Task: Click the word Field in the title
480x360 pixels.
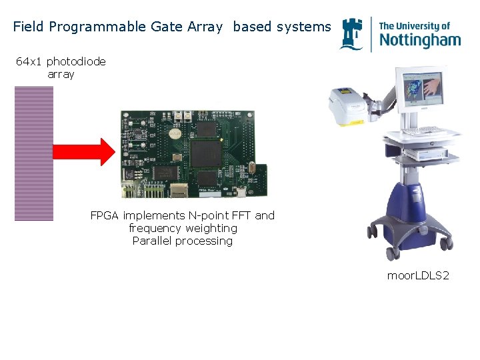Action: coord(28,27)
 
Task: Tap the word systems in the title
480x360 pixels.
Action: coord(303,27)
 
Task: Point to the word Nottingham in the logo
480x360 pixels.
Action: coord(419,39)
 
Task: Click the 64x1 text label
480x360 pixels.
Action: coord(30,62)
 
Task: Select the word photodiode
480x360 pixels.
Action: coord(76,62)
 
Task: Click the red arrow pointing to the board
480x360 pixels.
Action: coord(83,152)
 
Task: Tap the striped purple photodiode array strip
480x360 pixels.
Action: coord(34,153)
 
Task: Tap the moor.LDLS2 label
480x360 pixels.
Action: coord(418,275)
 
